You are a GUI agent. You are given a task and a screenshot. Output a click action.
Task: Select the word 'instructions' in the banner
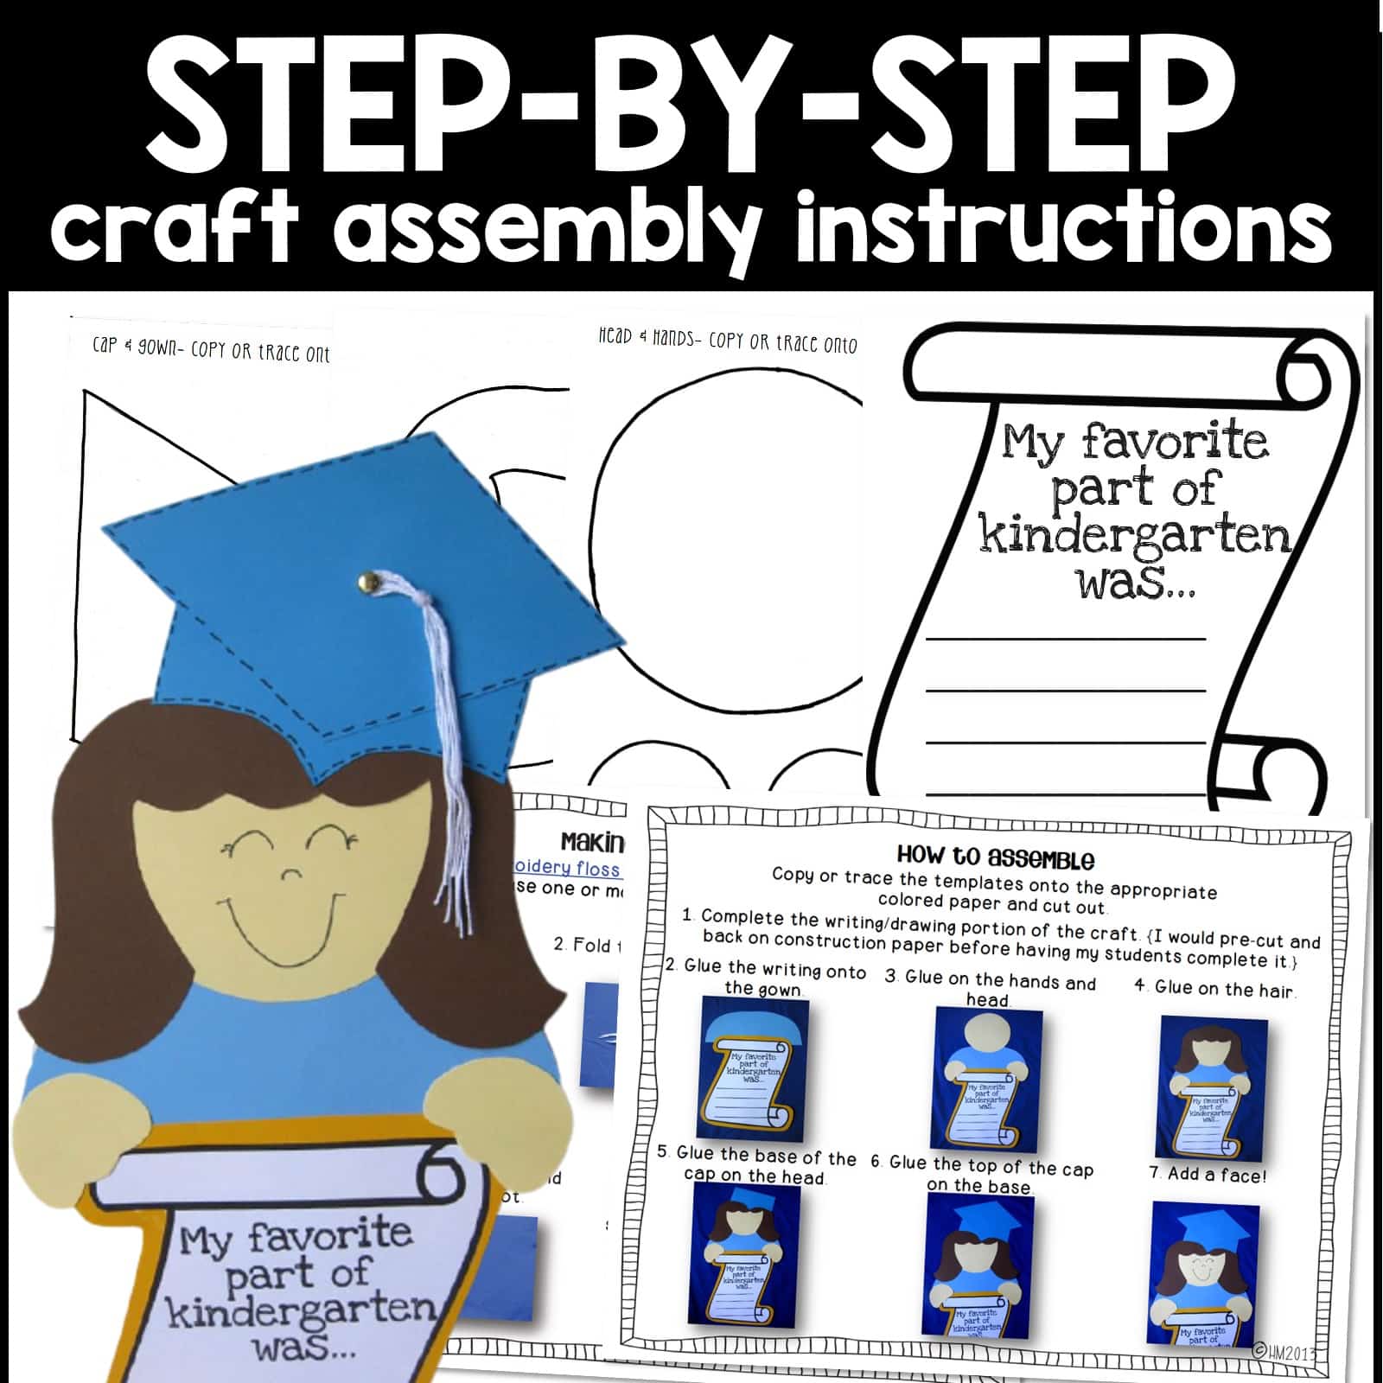coord(1063,227)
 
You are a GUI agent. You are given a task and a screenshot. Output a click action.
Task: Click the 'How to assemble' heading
coord(995,857)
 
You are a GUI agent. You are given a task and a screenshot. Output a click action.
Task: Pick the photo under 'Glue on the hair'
coord(1212,1087)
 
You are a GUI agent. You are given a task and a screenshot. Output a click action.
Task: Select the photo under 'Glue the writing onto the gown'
coord(753,1069)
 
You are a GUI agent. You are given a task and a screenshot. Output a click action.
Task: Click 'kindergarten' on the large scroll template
coord(1134,535)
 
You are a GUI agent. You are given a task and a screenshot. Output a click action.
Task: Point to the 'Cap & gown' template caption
coord(211,349)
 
